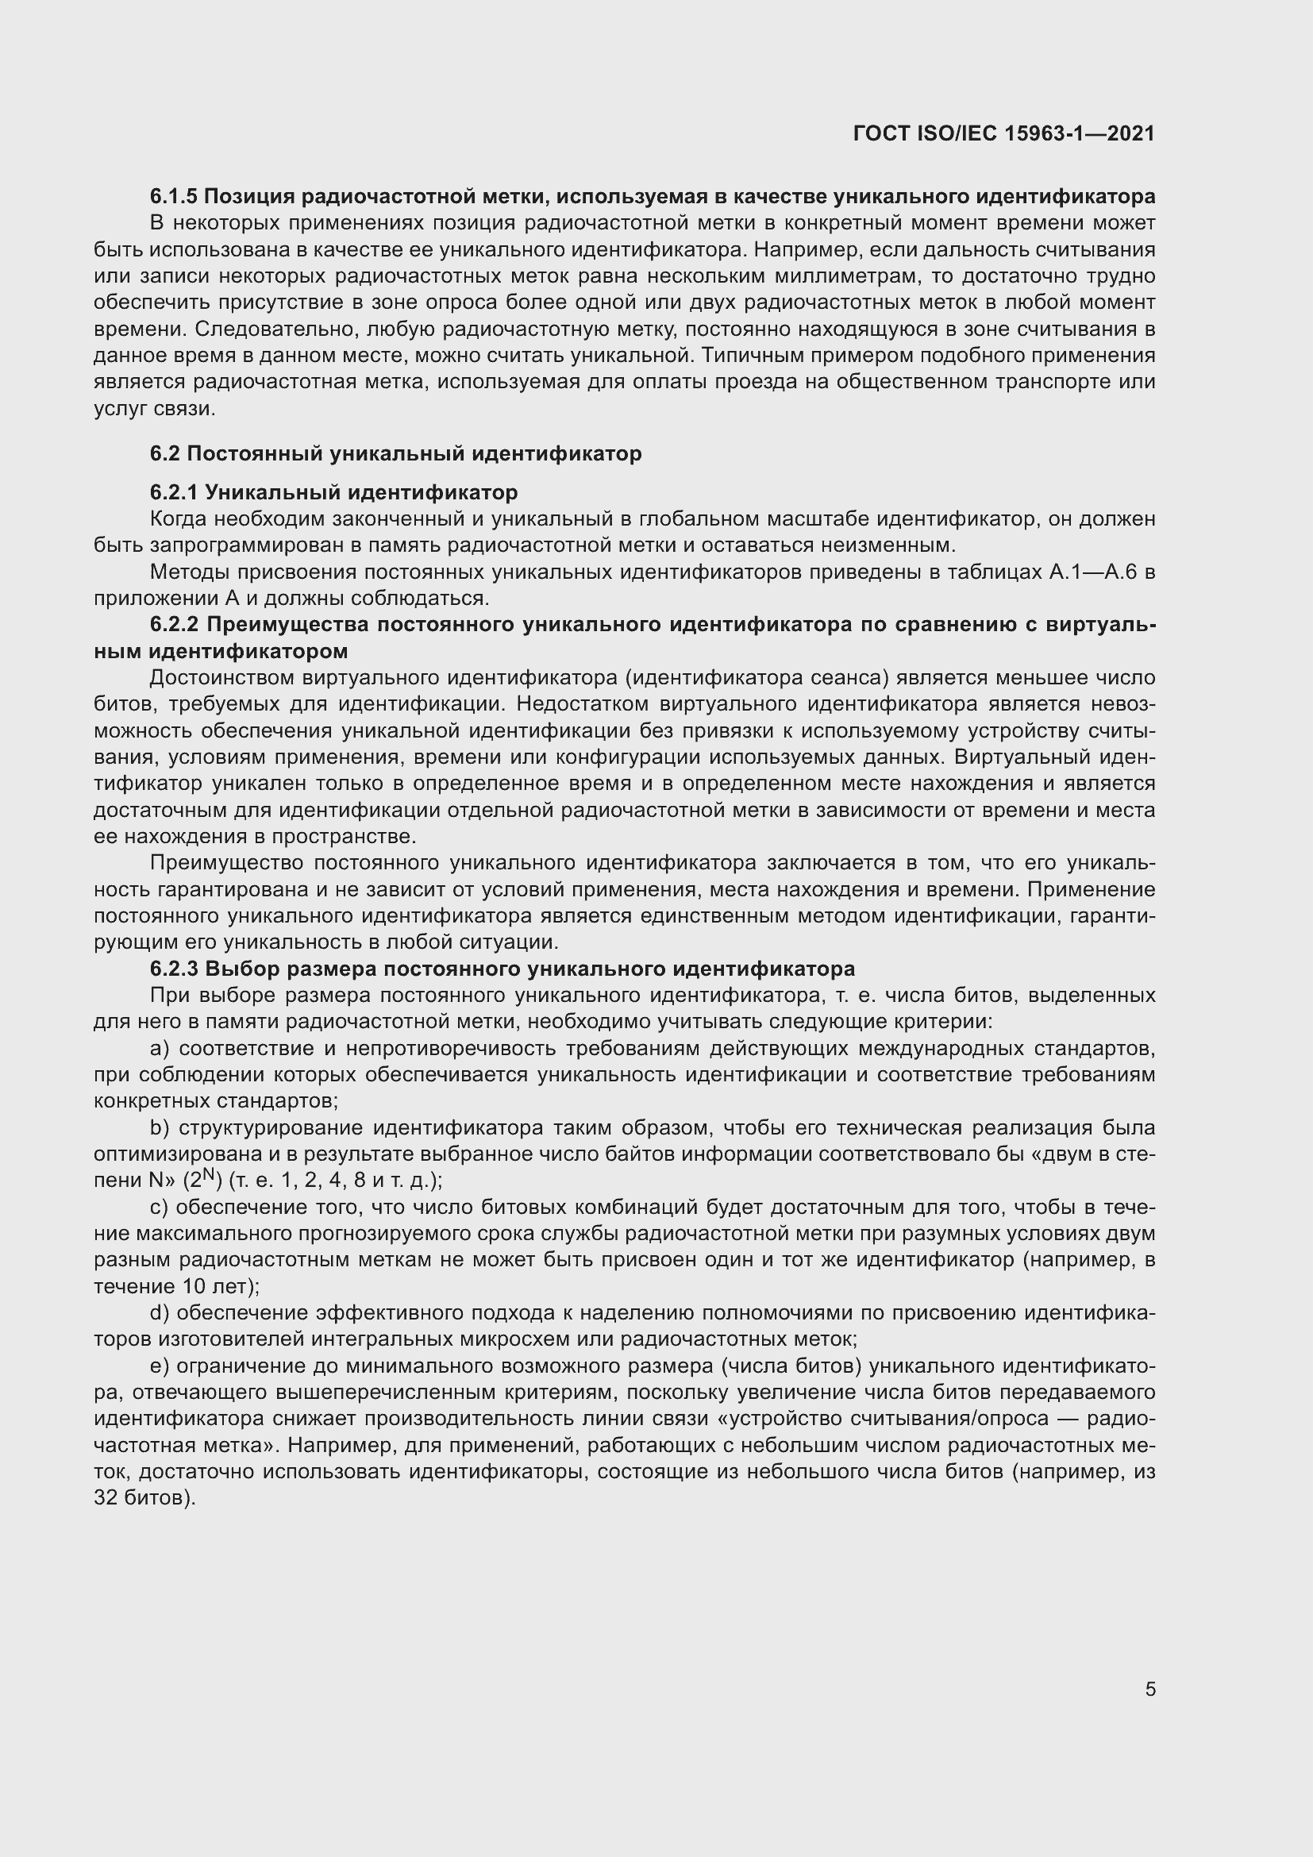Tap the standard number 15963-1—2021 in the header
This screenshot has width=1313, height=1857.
point(1079,133)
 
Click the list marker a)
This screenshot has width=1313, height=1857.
point(160,1048)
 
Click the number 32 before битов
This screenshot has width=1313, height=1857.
point(106,1498)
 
